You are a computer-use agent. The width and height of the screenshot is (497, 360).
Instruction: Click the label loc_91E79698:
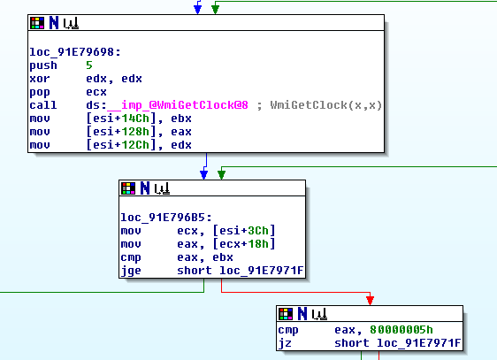tap(75, 52)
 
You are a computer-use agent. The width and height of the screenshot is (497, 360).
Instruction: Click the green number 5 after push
tap(89, 65)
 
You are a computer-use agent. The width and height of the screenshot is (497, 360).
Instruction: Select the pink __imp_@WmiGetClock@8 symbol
tap(178, 105)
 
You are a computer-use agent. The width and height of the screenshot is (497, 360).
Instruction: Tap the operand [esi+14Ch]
tap(121, 119)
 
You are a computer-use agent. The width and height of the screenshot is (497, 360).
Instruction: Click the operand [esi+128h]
tap(121, 132)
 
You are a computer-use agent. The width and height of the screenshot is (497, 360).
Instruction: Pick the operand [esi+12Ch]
tap(121, 145)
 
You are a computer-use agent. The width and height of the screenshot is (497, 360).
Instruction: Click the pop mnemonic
tap(40, 92)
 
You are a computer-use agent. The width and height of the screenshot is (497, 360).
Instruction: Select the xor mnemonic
tap(40, 79)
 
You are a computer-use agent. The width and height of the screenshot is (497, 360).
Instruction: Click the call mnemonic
tap(43, 105)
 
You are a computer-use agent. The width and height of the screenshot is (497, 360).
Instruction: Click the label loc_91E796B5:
tap(166, 218)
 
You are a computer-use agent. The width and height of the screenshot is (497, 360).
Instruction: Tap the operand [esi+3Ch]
tap(244, 231)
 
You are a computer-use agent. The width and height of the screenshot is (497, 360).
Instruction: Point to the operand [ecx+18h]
tap(244, 244)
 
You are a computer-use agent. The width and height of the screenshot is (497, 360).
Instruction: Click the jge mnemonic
tap(131, 271)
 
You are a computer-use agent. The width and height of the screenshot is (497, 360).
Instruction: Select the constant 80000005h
tap(401, 330)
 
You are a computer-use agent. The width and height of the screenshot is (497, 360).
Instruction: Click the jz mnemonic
tap(285, 343)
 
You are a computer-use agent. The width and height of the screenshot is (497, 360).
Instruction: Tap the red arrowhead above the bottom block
tap(370, 300)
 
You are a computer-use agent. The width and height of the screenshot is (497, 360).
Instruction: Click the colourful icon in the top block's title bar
tap(37, 23)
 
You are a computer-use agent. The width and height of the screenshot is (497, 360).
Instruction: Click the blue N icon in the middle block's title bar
tap(145, 188)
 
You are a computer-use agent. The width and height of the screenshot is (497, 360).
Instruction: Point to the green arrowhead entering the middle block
tap(222, 174)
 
